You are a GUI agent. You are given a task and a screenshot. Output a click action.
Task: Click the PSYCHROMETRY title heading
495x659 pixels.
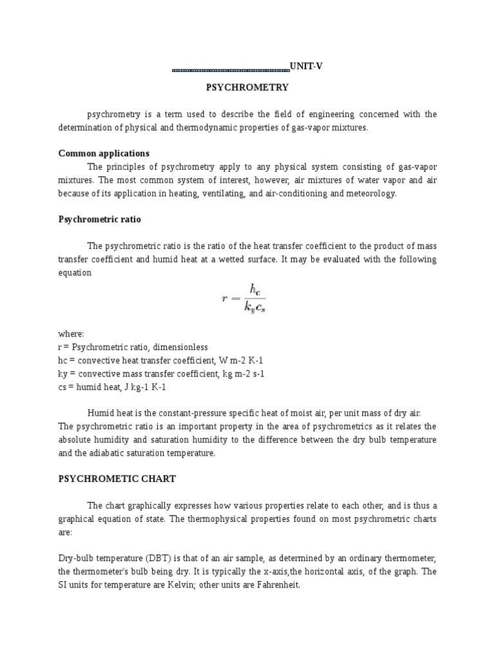[247, 87]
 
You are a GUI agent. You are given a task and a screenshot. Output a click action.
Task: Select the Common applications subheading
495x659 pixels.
[104, 153]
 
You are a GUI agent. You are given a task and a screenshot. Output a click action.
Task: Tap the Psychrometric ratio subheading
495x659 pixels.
[99, 219]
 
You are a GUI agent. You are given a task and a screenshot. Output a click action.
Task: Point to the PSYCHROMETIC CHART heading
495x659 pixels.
[117, 479]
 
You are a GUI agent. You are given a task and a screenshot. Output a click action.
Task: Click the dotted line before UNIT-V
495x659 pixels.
[231, 68]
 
